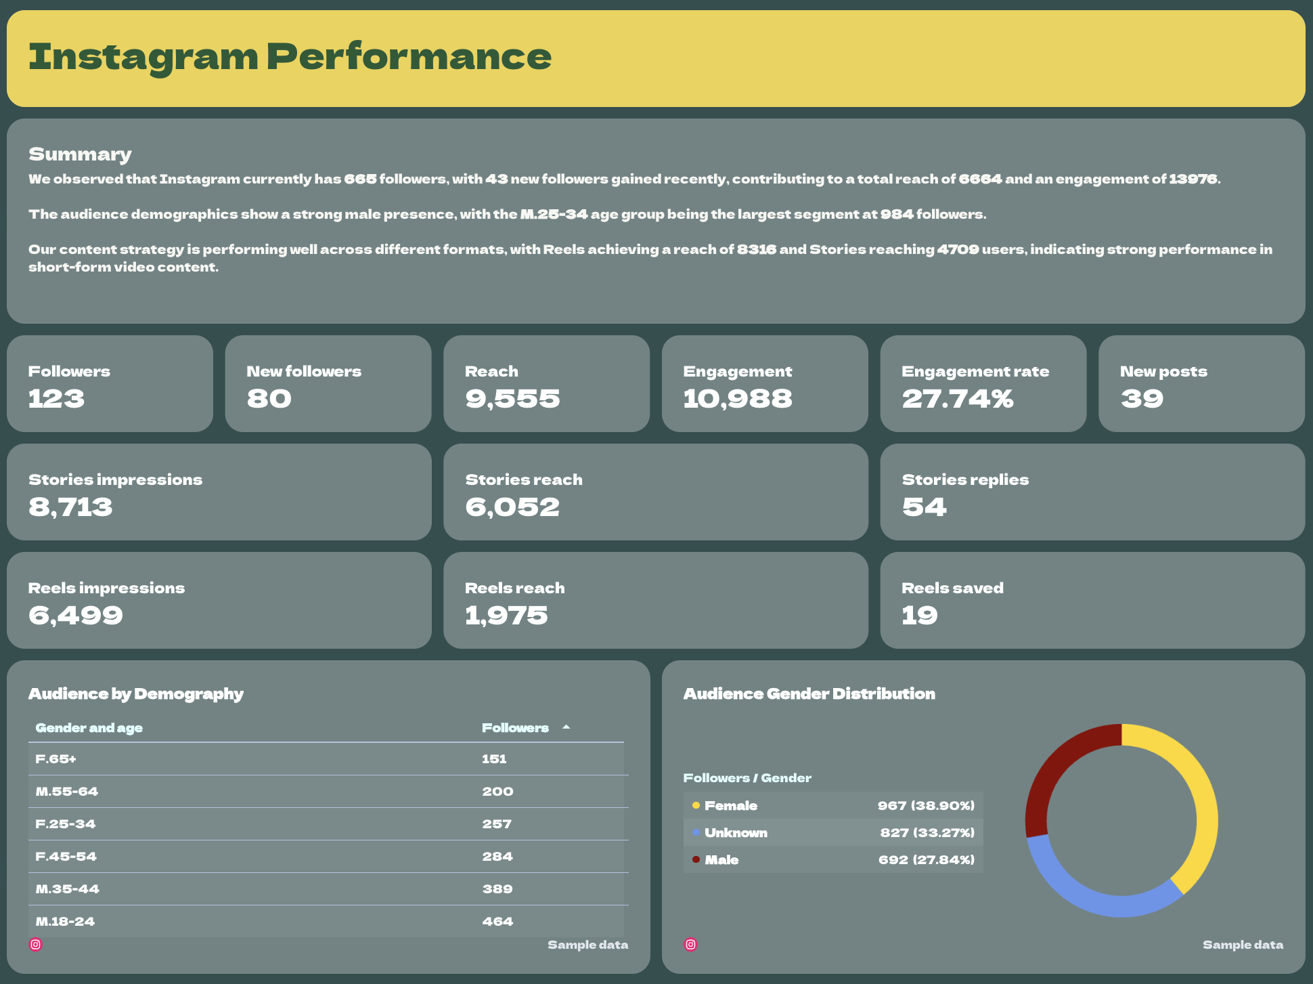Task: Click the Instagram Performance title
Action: pos(290,57)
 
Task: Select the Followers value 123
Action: pos(56,399)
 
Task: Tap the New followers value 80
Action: pos(269,399)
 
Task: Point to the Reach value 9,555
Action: pos(512,399)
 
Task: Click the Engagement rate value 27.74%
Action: pos(957,399)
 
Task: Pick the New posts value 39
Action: pos(1142,399)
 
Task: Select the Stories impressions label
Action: pos(115,479)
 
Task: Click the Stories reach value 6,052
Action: pos(512,507)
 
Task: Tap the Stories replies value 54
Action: pos(924,507)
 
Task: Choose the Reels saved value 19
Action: pos(919,616)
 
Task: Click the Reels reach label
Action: pos(514,588)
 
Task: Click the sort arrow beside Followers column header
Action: pos(566,727)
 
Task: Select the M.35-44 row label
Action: pos(67,889)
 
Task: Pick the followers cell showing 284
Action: pos(497,856)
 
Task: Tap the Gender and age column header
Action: pos(89,728)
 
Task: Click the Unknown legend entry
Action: pos(735,832)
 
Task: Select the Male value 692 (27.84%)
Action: pos(926,859)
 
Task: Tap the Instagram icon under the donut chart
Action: pos(690,944)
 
